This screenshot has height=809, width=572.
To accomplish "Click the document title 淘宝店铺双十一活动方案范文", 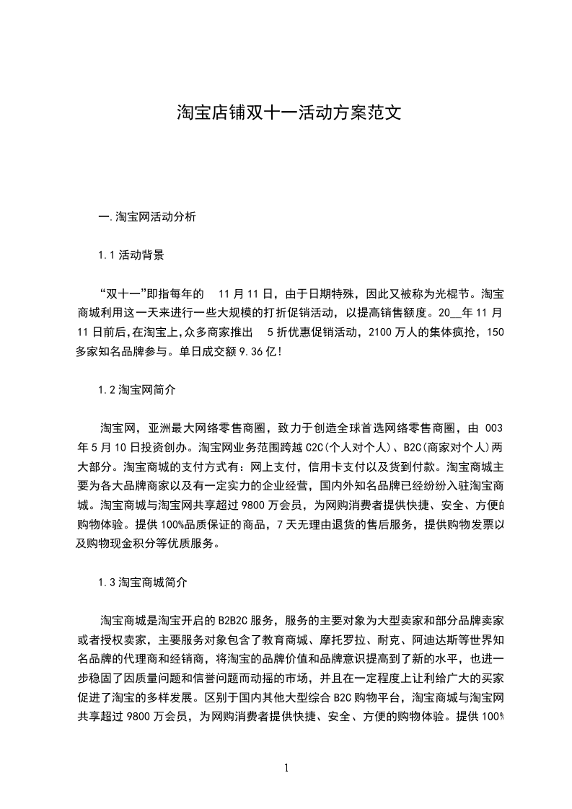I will (286, 113).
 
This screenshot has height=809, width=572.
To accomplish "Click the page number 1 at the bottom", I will (286, 767).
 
